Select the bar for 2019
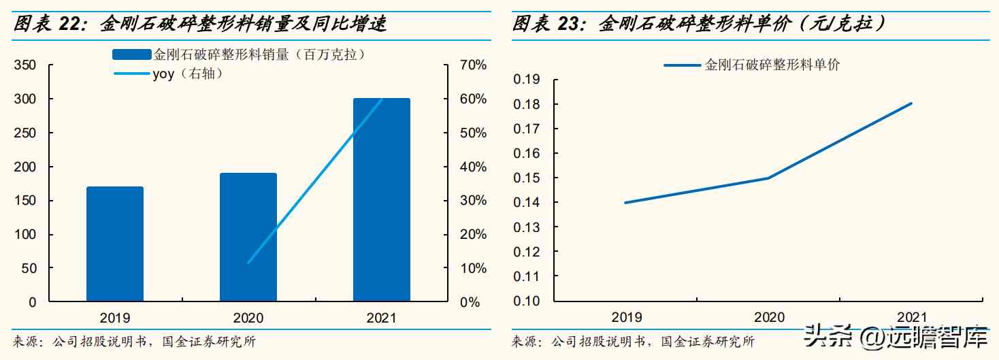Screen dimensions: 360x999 115,244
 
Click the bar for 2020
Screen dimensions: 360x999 248,237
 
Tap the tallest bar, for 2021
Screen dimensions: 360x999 381,199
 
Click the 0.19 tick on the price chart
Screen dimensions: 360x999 526,80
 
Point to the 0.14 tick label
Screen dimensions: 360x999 526,203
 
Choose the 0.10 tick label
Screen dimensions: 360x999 526,301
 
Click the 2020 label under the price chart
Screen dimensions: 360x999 769,317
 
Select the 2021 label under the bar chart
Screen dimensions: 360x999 381,318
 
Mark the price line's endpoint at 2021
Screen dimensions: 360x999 911,103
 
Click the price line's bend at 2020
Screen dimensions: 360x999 768,178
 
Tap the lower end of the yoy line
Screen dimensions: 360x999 248,263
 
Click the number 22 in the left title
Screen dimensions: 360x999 69,25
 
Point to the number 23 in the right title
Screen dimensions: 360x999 568,25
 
